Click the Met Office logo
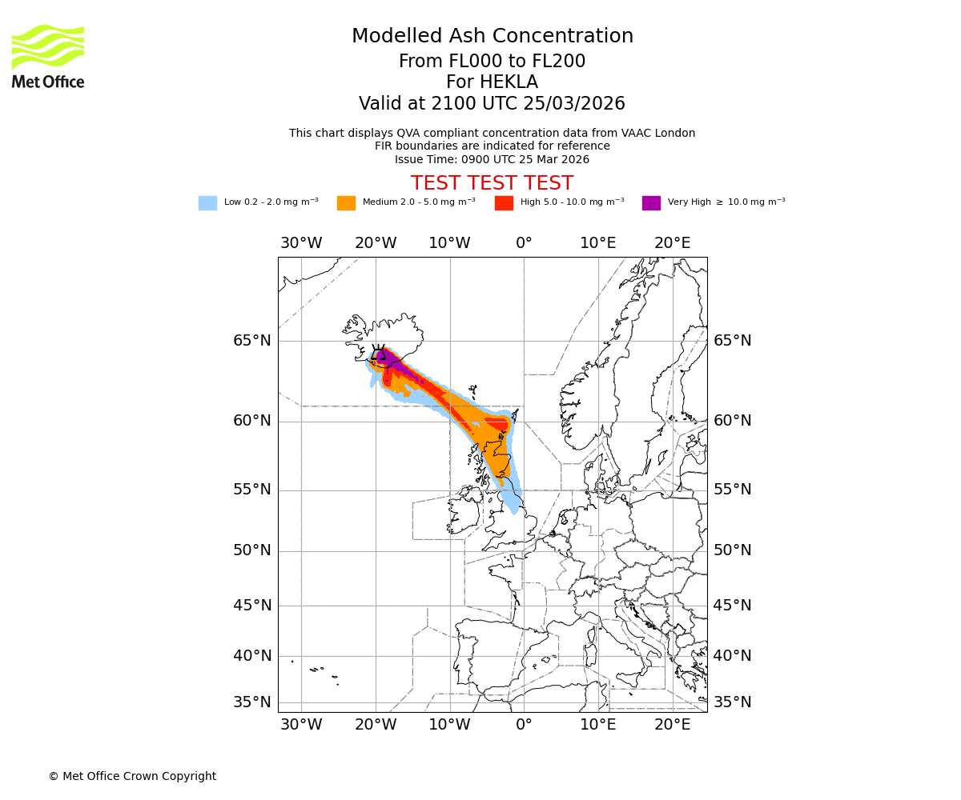48,56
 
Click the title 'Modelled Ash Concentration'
492,36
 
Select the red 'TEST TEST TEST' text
492,183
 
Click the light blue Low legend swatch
207,203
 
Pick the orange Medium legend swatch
346,203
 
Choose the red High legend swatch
504,203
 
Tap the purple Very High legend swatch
651,203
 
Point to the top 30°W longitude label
301,243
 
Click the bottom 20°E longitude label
672,725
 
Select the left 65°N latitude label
252,341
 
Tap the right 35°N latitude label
732,702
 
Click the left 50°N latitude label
252,550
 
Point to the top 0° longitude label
524,243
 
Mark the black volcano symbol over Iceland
378,354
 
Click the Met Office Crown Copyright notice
132,776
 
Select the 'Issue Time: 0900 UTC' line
492,159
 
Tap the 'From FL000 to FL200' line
492,62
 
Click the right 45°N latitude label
732,606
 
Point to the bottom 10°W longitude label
449,725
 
